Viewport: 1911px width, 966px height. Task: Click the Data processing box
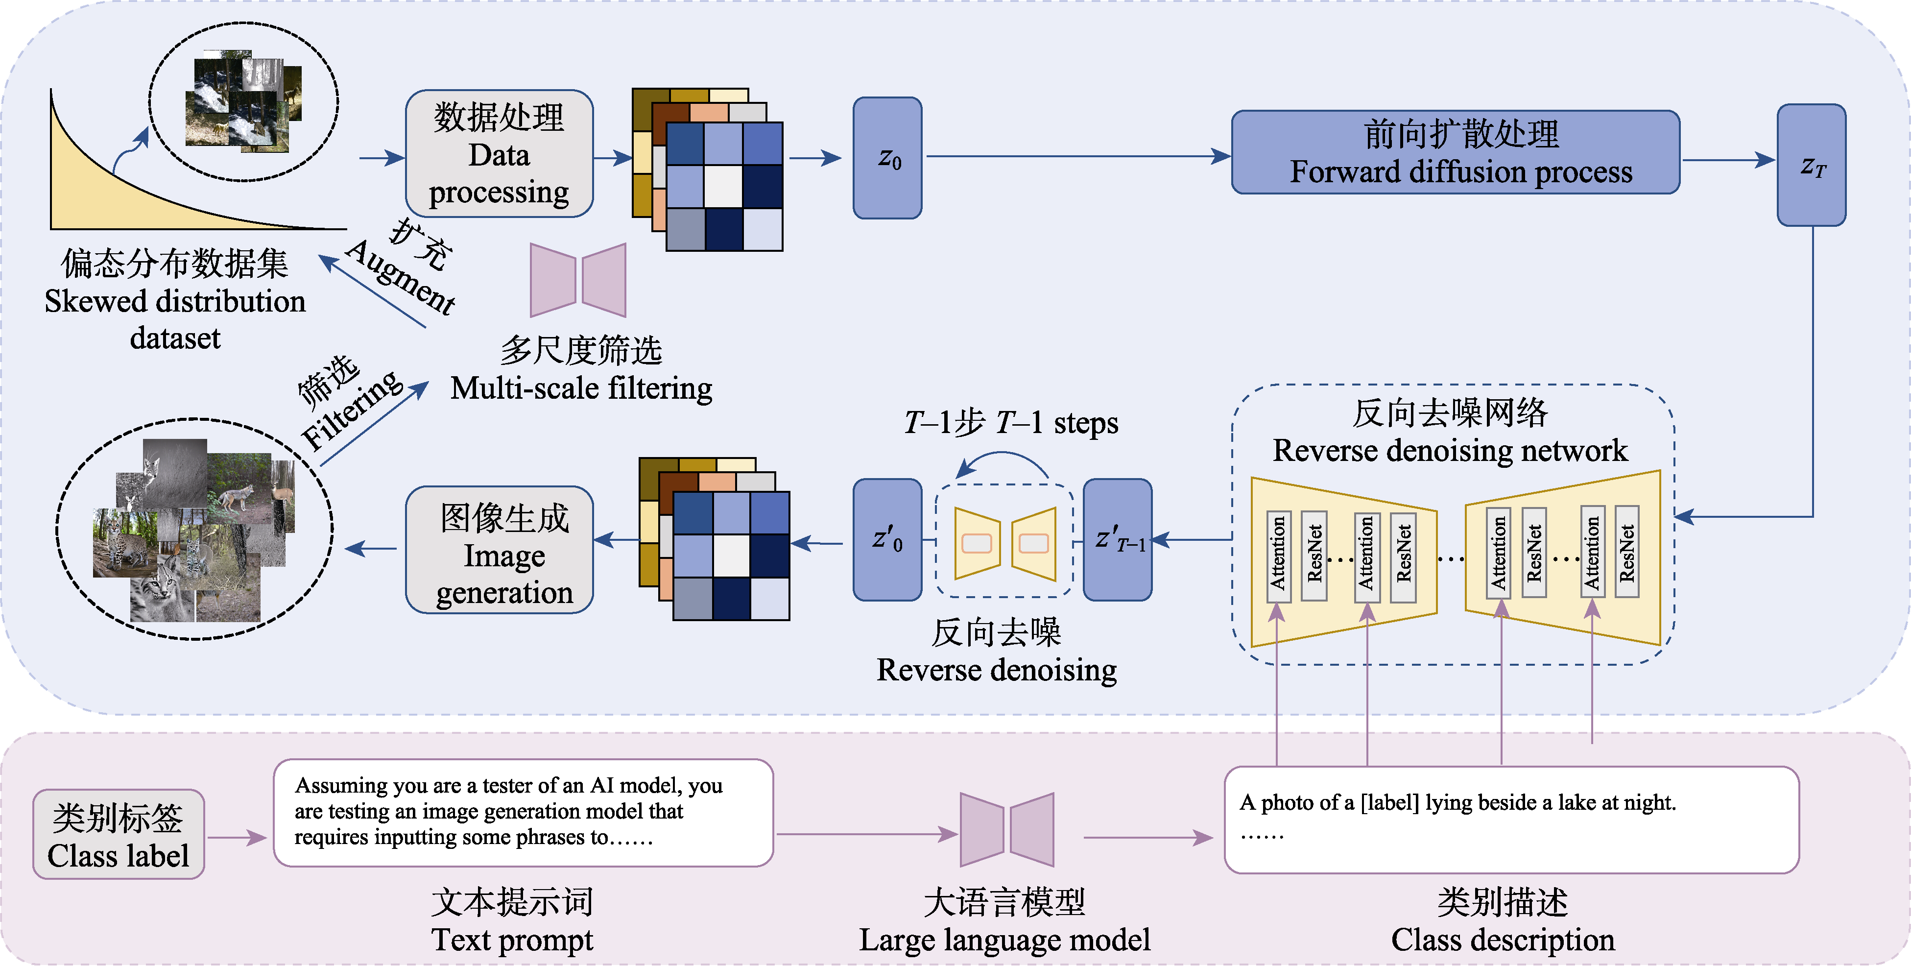point(499,154)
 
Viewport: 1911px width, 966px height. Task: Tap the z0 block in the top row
point(887,158)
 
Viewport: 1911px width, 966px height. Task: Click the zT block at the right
point(1811,165)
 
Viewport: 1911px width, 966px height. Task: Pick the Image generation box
point(499,550)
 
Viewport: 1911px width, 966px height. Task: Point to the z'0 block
point(887,539)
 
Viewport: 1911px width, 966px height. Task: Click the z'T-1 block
point(1117,539)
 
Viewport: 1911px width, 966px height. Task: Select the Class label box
point(119,835)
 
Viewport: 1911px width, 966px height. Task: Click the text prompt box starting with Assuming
point(523,812)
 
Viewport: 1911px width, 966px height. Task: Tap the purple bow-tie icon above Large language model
point(1007,829)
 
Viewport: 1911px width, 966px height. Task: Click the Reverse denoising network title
point(1450,450)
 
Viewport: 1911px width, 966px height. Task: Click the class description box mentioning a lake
point(1511,820)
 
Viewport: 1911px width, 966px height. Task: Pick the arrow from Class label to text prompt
point(237,838)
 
